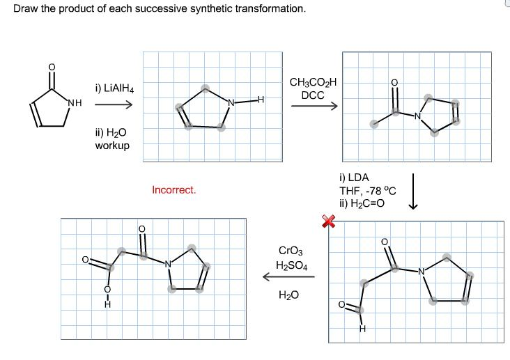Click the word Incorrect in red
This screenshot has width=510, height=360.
pos(174,189)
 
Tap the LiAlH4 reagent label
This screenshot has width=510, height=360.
pos(114,88)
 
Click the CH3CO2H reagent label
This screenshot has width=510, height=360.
pos(313,83)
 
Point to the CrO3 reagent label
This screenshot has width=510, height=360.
pos(289,250)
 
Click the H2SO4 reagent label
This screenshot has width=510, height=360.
pos(289,265)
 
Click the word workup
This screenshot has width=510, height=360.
pos(112,145)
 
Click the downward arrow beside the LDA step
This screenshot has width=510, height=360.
pos(413,191)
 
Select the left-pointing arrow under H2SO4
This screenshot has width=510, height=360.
pos(288,277)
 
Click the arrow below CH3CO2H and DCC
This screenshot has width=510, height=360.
pos(314,107)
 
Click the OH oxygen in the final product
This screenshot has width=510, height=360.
pos(107,289)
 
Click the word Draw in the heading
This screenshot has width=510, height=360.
pos(26,9)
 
